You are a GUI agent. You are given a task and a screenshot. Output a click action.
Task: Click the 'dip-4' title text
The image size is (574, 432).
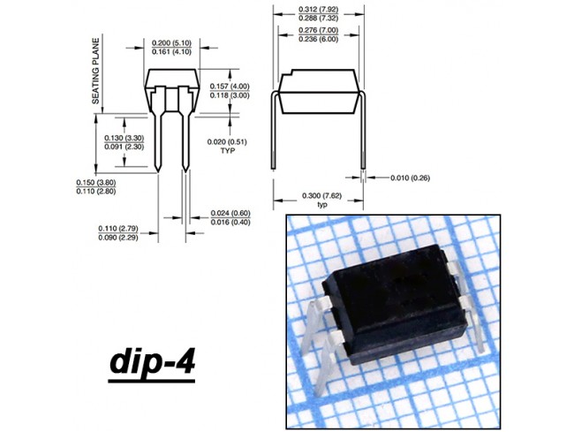tap(152, 360)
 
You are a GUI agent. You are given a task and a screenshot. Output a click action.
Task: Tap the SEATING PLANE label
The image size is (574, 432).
tap(95, 71)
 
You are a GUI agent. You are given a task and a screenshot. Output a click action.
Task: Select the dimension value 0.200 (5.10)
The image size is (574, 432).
tap(171, 43)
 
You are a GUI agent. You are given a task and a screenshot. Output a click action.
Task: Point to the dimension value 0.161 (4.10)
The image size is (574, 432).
tap(171, 52)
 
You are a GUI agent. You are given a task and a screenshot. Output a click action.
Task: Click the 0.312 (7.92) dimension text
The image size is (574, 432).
tap(319, 9)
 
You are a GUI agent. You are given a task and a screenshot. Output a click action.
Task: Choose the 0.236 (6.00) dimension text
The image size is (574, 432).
tap(319, 39)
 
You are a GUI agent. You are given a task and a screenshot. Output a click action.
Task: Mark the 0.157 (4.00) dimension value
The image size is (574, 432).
tap(230, 87)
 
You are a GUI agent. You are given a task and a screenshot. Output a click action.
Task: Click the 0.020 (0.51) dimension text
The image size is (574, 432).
tap(227, 141)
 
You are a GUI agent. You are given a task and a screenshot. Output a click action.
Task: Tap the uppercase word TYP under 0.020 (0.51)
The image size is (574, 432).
tap(227, 150)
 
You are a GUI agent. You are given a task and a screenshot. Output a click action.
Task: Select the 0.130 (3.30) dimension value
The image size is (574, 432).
tap(125, 138)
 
